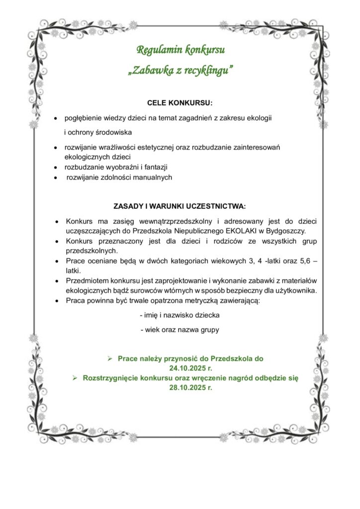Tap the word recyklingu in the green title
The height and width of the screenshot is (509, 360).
(208, 71)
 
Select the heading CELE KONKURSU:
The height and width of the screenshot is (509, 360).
(180, 103)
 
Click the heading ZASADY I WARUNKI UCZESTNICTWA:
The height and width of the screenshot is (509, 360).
(180, 206)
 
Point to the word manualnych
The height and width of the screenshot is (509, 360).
(150, 177)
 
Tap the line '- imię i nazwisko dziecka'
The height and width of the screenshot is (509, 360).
(180, 315)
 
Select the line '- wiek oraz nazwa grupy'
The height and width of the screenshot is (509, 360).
(180, 330)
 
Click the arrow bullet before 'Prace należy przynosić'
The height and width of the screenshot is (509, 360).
(110, 358)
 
